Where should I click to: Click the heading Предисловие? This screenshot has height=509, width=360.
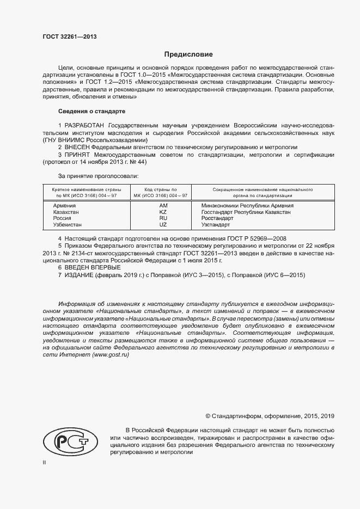coord(188,54)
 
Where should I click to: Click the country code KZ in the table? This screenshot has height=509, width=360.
coord(163,212)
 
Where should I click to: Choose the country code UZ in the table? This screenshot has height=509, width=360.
coord(163,224)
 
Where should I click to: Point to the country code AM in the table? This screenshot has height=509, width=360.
coord(163,205)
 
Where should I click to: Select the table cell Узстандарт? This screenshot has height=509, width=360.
coord(216,224)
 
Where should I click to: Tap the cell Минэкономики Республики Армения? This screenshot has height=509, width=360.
coord(247,205)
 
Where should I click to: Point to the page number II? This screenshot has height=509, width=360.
coord(45,462)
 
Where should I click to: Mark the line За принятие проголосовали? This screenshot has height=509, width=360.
coord(98,175)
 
